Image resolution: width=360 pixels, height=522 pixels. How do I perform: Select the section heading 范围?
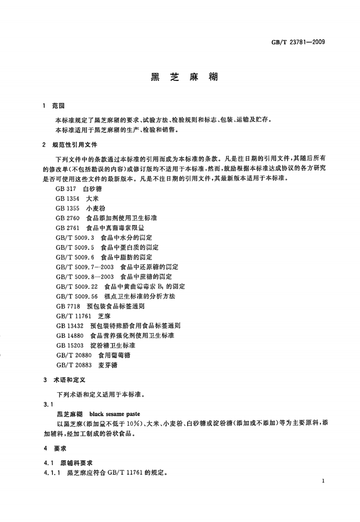(59, 107)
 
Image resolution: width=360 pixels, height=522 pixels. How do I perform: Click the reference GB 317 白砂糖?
(79, 189)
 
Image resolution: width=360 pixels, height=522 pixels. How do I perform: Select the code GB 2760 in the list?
(67, 218)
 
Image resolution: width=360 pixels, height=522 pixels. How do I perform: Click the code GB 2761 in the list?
(67, 228)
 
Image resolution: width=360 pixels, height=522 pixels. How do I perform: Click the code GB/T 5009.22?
(76, 287)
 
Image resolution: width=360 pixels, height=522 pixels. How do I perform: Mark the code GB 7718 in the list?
(67, 306)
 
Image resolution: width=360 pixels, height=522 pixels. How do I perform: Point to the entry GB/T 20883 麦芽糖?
(87, 365)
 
